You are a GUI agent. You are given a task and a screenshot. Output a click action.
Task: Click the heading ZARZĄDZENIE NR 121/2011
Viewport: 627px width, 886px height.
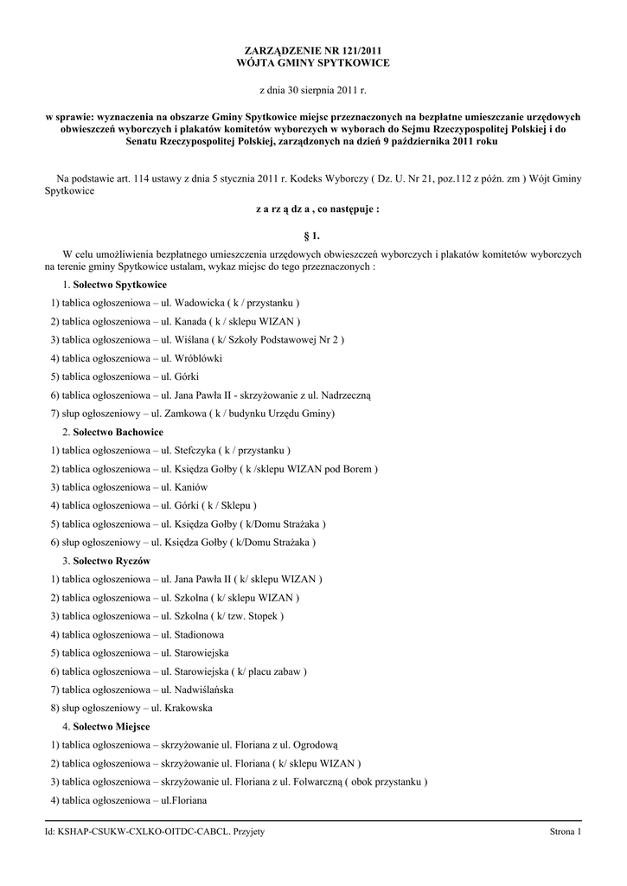313,52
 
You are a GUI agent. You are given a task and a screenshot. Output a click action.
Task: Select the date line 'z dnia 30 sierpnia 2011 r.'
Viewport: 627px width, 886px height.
313,90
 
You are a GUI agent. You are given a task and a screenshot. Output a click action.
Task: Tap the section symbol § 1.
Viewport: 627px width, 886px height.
313,234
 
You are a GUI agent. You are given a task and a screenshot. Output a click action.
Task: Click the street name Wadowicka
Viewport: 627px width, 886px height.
199,303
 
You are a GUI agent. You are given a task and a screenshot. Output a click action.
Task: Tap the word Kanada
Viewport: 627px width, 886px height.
192,322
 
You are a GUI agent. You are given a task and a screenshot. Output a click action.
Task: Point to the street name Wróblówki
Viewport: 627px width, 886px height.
198,358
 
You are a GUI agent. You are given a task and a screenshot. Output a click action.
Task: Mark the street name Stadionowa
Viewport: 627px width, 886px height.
201,634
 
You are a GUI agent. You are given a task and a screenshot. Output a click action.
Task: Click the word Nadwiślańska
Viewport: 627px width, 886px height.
203,690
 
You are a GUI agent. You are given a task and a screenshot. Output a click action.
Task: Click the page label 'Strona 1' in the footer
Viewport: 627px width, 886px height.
566,831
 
